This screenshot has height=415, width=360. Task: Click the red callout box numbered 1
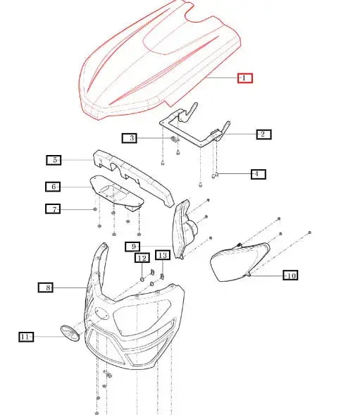point(244,78)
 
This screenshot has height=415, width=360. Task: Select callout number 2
point(262,134)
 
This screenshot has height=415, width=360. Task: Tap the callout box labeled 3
point(128,138)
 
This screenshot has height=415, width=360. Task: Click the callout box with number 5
point(54,160)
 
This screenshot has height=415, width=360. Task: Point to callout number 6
point(54,187)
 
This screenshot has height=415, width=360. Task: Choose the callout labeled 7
point(54,209)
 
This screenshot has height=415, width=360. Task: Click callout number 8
point(46,287)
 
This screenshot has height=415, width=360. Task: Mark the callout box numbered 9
point(133,246)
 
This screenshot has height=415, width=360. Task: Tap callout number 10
point(290,275)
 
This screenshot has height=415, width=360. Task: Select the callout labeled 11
point(26,337)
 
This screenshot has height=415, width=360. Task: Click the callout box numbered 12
point(142,258)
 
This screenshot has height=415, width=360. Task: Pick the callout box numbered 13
point(162,255)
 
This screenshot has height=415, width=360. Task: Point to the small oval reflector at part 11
point(70,333)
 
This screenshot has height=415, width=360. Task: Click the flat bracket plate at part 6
point(116,192)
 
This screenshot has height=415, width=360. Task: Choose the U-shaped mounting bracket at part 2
point(194,130)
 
